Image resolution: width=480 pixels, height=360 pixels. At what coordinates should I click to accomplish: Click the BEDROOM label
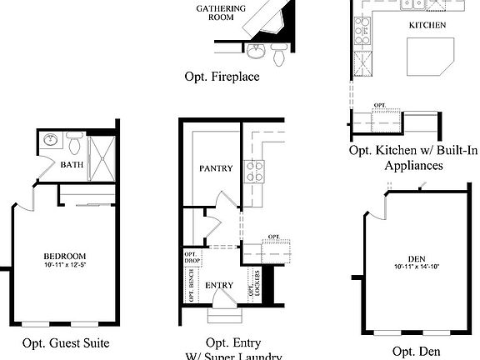click(x=64, y=256)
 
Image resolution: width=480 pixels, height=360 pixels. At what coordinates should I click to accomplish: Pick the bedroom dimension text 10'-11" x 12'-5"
click(x=64, y=265)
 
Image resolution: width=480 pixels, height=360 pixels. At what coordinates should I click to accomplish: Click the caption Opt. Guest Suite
click(x=66, y=342)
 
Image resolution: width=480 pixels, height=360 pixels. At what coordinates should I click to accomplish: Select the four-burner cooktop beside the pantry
click(x=253, y=172)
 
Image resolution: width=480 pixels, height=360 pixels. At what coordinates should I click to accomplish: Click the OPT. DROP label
click(x=191, y=257)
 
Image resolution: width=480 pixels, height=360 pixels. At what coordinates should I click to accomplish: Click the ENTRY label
click(x=219, y=286)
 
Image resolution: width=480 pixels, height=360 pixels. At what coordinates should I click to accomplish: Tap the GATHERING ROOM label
click(x=220, y=12)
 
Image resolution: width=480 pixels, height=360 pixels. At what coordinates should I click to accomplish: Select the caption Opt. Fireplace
click(x=222, y=77)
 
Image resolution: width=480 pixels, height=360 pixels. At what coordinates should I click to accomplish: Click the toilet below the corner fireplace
click(x=278, y=54)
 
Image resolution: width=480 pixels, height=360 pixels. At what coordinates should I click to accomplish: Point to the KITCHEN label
click(x=427, y=26)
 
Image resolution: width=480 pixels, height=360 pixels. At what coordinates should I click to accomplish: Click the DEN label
click(x=417, y=258)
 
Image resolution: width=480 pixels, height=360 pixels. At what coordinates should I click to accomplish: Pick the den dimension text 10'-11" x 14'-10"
click(x=417, y=267)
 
